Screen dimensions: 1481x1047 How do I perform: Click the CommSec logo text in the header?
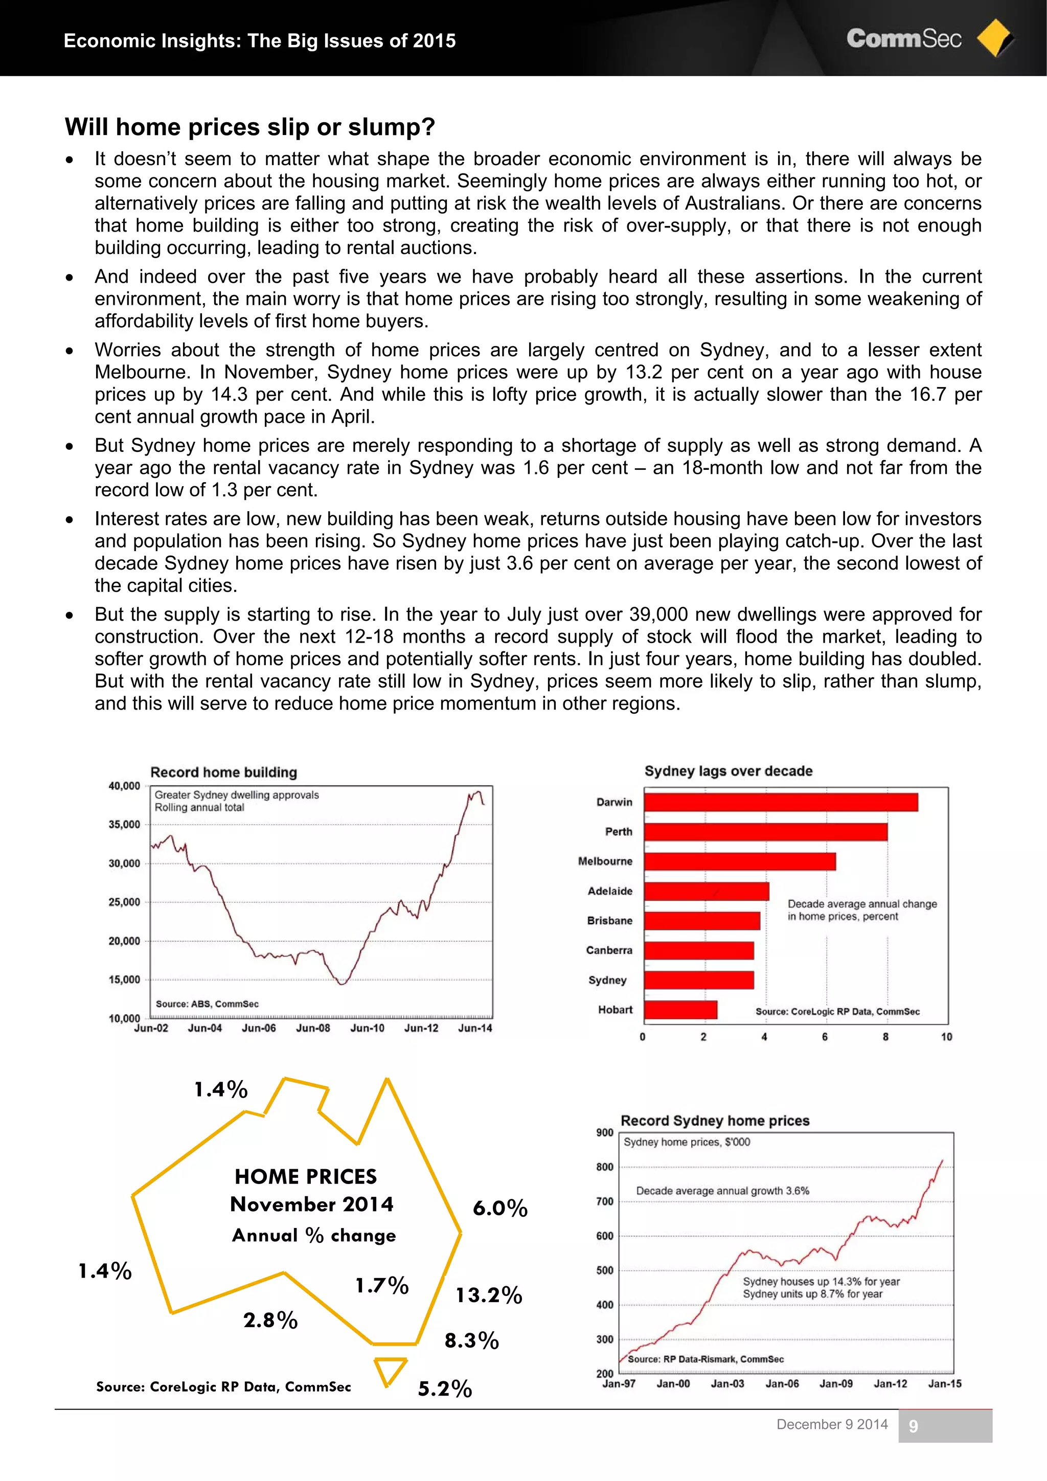[903, 39]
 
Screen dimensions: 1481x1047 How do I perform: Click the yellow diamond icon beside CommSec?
[994, 39]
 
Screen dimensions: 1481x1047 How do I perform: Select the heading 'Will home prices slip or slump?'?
[249, 127]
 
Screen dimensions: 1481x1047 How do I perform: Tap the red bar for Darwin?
[781, 803]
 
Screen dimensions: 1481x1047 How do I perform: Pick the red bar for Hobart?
[680, 1010]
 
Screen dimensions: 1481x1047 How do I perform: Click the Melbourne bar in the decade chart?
[739, 862]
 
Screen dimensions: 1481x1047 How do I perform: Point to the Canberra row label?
[609, 950]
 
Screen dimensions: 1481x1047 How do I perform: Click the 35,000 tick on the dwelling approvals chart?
[124, 825]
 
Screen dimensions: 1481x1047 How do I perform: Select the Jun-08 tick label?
[313, 1028]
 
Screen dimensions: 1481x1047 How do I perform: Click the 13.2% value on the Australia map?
[488, 1295]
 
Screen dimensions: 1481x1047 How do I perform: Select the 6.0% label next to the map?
[500, 1208]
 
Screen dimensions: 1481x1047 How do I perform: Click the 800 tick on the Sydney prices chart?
[604, 1167]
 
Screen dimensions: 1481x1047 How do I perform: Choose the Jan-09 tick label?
[836, 1383]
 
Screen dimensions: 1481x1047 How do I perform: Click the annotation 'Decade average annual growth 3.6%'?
[722, 1191]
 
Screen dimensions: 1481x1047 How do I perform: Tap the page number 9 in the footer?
[913, 1426]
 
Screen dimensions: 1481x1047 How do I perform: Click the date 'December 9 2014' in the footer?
[832, 1424]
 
